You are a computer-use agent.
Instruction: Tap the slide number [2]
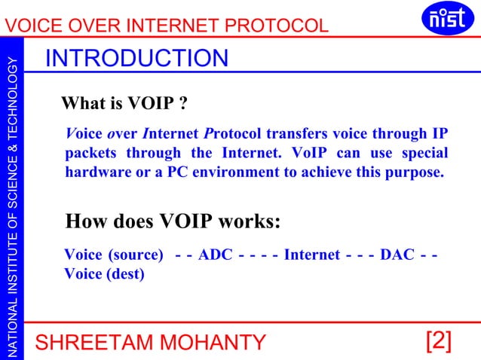pos(439,341)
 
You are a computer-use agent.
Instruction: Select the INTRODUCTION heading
pos(136,58)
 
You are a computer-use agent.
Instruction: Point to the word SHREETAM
pos(84,343)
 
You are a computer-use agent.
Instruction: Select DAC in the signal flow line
pos(397,255)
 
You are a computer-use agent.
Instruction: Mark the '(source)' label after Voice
pos(136,255)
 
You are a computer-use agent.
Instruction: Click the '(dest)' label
pos(126,273)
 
